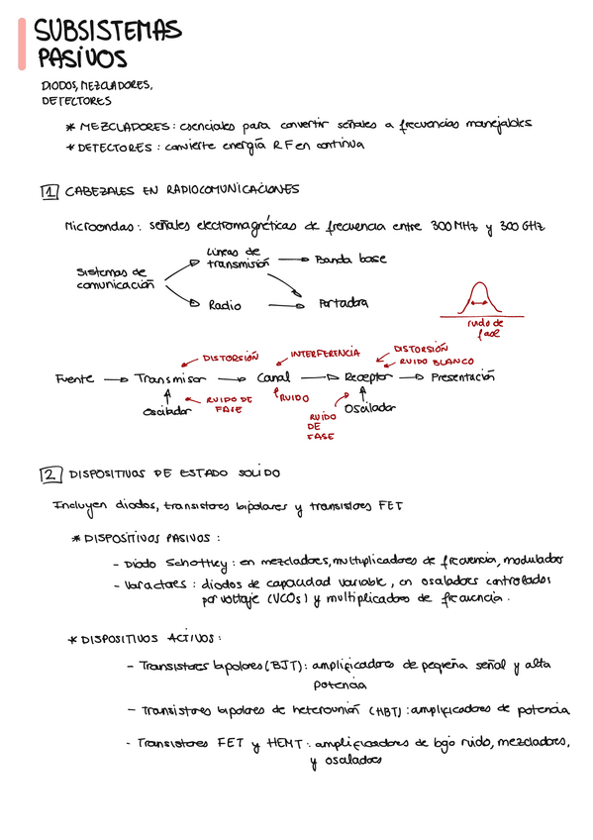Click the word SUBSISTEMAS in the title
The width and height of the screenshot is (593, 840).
[x=108, y=32]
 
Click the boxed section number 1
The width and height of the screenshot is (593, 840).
[x=49, y=191]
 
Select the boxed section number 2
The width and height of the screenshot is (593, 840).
[x=49, y=475]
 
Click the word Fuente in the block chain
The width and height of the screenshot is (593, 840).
[x=75, y=378]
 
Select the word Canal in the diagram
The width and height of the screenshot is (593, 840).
[x=273, y=378]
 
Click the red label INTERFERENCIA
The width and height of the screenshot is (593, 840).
[x=325, y=353]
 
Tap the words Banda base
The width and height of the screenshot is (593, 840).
[x=350, y=260]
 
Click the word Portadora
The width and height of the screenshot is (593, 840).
[x=344, y=304]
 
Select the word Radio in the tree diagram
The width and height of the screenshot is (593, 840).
[x=225, y=305]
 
